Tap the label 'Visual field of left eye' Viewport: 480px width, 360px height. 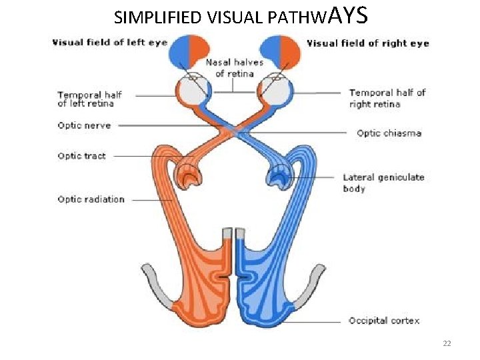point(109,43)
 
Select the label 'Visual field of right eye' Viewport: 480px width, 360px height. point(367,43)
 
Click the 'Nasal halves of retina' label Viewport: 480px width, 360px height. point(234,67)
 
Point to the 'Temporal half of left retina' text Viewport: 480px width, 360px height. point(89,99)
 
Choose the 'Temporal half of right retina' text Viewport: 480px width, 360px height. point(387,98)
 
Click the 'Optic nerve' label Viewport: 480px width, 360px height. point(84,125)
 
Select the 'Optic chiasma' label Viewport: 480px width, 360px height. point(389,133)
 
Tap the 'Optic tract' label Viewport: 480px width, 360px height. point(81,156)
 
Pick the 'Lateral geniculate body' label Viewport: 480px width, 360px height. point(383,183)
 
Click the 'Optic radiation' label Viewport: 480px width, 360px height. point(91,199)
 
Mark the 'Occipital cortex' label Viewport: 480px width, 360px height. point(384,321)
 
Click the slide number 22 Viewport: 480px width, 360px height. point(447,343)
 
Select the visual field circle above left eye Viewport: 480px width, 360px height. point(190,51)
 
